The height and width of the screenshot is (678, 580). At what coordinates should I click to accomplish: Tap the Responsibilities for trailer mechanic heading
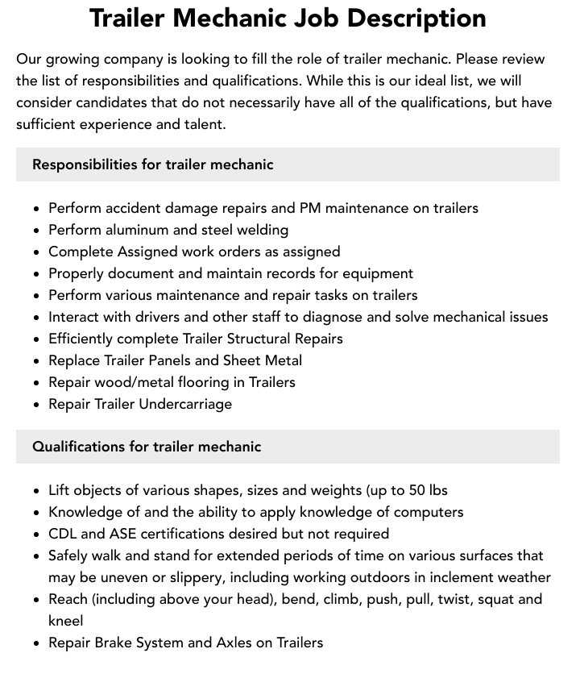coord(153,164)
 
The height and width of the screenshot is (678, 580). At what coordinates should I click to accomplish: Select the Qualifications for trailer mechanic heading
coord(147,447)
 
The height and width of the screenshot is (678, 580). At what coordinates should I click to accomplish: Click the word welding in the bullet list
coord(261,230)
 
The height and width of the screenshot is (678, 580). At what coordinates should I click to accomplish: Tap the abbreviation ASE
coord(123,534)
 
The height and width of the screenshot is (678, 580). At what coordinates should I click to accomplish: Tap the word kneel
coord(66,621)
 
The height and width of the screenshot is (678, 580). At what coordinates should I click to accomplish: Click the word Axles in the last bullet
coord(238,643)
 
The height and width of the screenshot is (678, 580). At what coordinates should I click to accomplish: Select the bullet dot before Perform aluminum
coord(37,231)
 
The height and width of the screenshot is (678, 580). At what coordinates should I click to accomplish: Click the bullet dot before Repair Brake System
coord(37,643)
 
